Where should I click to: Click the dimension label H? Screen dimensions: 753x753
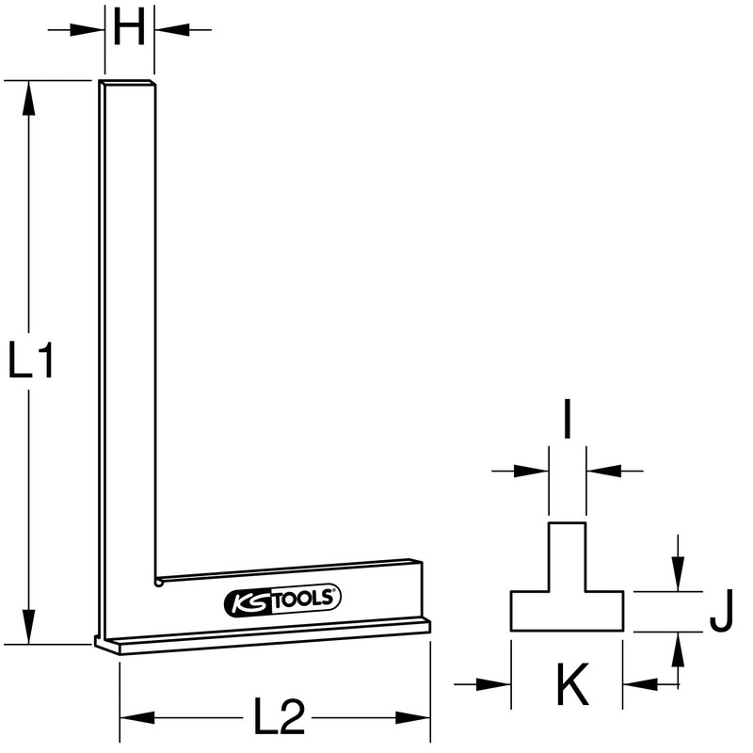click(129, 30)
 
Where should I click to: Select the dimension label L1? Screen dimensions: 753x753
click(32, 362)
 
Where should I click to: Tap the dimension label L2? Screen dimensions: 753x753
click(280, 719)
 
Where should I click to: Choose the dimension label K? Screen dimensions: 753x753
click(569, 686)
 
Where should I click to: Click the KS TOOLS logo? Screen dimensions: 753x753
click(282, 598)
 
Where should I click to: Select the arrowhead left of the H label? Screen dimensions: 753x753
click(90, 30)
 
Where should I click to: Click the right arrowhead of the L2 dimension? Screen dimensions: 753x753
click(415, 719)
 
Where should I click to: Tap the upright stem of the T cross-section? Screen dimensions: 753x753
click(567, 555)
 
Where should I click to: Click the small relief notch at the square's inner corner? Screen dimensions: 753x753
click(160, 583)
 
